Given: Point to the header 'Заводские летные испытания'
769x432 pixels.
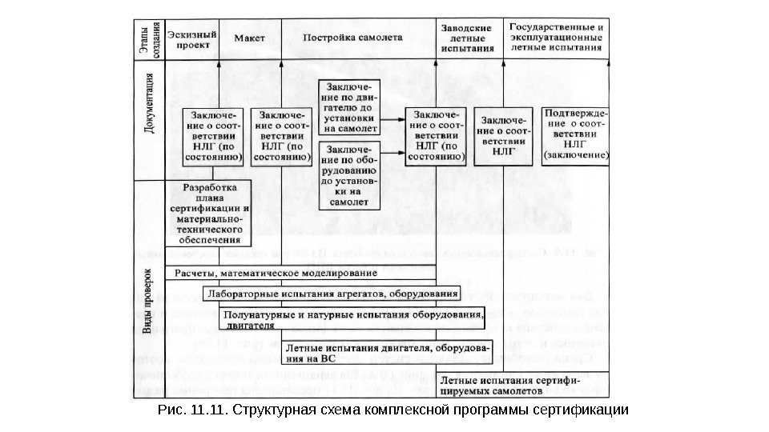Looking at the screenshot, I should tap(467, 38).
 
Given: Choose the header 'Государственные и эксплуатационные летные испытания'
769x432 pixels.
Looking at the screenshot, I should tap(556, 37).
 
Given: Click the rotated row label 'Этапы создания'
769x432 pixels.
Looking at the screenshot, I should tap(144, 40).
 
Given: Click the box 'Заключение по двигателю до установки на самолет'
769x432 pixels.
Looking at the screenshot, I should tap(348, 107).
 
